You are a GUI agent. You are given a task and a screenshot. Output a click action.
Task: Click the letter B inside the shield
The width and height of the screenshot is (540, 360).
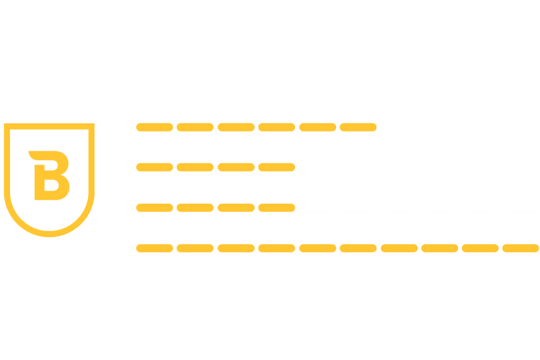pos(38,182)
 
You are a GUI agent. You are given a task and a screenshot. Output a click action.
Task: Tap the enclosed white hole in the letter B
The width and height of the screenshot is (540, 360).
pos(51,185)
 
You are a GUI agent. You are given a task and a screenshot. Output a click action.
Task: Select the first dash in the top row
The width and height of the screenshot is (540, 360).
pos(155,128)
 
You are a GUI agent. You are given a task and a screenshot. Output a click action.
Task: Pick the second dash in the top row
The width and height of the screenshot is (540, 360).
pos(195,128)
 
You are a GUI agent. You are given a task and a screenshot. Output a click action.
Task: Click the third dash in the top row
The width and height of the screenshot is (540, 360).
pos(236,128)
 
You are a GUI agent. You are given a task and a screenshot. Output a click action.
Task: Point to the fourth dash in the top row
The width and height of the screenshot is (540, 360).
pos(276,128)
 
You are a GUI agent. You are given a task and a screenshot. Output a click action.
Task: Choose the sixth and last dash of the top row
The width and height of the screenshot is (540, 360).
pos(358,128)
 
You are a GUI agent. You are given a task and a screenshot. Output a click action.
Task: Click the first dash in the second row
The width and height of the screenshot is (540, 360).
pos(155,167)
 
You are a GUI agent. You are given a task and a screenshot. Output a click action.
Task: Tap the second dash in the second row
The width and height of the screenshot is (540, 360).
pos(195,167)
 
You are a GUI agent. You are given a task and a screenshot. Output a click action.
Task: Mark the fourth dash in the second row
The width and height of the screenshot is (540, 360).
pos(276,167)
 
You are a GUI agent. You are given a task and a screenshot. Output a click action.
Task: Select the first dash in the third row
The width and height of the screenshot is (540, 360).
pos(155,208)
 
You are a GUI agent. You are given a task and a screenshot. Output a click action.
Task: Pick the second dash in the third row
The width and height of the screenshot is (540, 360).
pos(195,208)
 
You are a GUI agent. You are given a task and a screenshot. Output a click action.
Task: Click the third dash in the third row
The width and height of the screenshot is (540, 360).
pos(236,208)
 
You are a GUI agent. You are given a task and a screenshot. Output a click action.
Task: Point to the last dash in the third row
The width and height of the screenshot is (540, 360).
pos(276,208)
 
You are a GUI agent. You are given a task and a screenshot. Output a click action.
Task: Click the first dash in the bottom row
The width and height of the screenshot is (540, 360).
pos(155,248)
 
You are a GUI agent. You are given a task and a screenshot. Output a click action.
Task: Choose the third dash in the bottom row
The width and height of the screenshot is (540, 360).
pos(236,248)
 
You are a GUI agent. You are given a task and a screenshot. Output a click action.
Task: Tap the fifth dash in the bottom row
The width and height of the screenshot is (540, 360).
pos(317,248)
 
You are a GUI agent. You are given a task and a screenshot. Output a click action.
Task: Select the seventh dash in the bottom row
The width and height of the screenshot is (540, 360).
pos(399,248)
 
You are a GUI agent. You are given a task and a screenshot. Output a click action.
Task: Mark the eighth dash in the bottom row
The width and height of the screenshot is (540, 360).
pos(440,248)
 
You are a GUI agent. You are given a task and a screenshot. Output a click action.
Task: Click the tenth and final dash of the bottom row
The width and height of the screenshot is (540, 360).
pos(520,248)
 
